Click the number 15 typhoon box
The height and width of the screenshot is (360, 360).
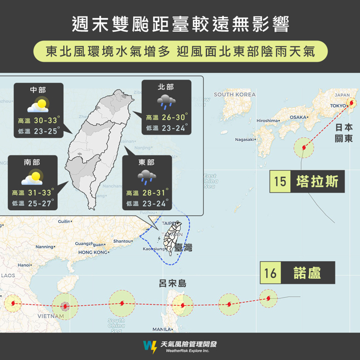click(280, 182)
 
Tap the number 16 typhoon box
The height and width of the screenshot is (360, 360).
click(271, 273)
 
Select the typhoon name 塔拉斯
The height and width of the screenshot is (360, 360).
click(317, 182)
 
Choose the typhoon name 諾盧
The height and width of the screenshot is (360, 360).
click(307, 273)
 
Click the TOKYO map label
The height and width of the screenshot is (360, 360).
click(338, 105)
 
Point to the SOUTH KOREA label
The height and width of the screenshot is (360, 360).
click(235, 94)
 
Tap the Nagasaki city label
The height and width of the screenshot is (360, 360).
click(245, 139)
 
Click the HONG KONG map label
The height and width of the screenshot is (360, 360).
click(93, 252)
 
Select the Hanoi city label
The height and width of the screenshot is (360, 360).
click(24, 265)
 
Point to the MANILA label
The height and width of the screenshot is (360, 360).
click(162, 329)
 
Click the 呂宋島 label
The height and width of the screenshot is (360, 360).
click(172, 283)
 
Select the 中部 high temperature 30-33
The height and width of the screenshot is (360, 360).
click(45, 121)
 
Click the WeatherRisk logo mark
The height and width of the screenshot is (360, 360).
click(149, 346)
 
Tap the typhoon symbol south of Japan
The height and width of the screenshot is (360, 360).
click(305, 147)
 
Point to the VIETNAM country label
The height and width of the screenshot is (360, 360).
click(51, 316)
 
